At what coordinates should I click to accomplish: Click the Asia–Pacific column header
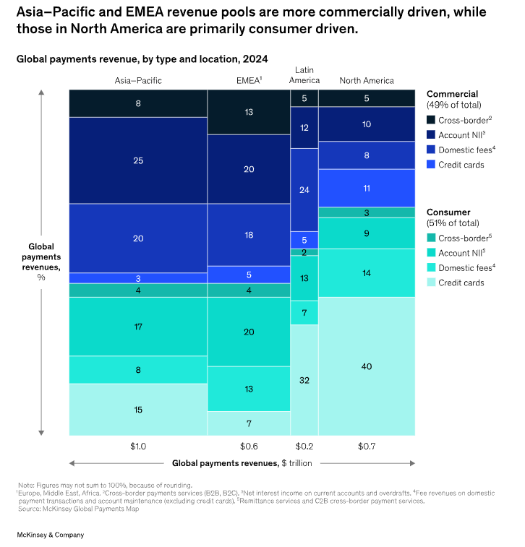point(137,80)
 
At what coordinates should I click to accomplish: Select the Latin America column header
point(304,74)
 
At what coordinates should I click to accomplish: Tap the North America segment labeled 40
point(367,366)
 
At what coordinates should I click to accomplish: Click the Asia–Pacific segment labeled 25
point(137,160)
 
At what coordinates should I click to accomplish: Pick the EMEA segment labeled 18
point(249,235)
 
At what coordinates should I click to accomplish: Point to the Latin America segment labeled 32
point(304,379)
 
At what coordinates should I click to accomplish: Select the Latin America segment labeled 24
point(304,189)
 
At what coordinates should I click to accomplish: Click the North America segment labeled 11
point(367,187)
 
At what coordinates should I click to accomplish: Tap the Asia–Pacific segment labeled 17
point(137,327)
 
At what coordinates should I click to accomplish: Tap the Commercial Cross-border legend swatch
point(431,119)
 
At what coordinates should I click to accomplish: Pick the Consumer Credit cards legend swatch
point(431,283)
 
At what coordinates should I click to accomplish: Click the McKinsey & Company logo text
point(51,535)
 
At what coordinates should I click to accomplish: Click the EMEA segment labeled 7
point(249,423)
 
